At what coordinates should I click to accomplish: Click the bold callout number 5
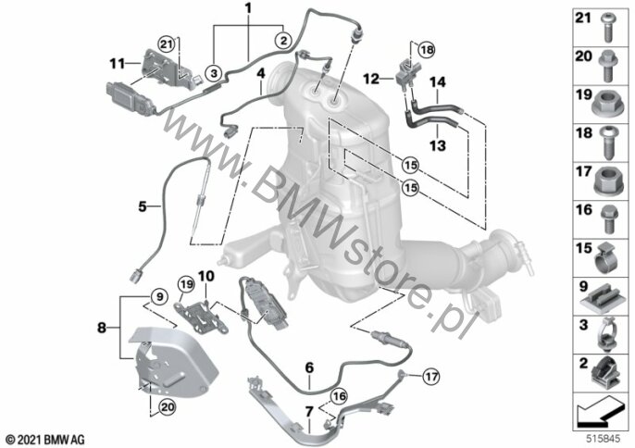[x=143, y=207]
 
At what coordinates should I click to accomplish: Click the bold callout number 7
[x=308, y=410]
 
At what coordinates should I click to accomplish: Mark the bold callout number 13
[x=437, y=144]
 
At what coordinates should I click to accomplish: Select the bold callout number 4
[x=262, y=71]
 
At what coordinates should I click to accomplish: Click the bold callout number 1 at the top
[x=248, y=8]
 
